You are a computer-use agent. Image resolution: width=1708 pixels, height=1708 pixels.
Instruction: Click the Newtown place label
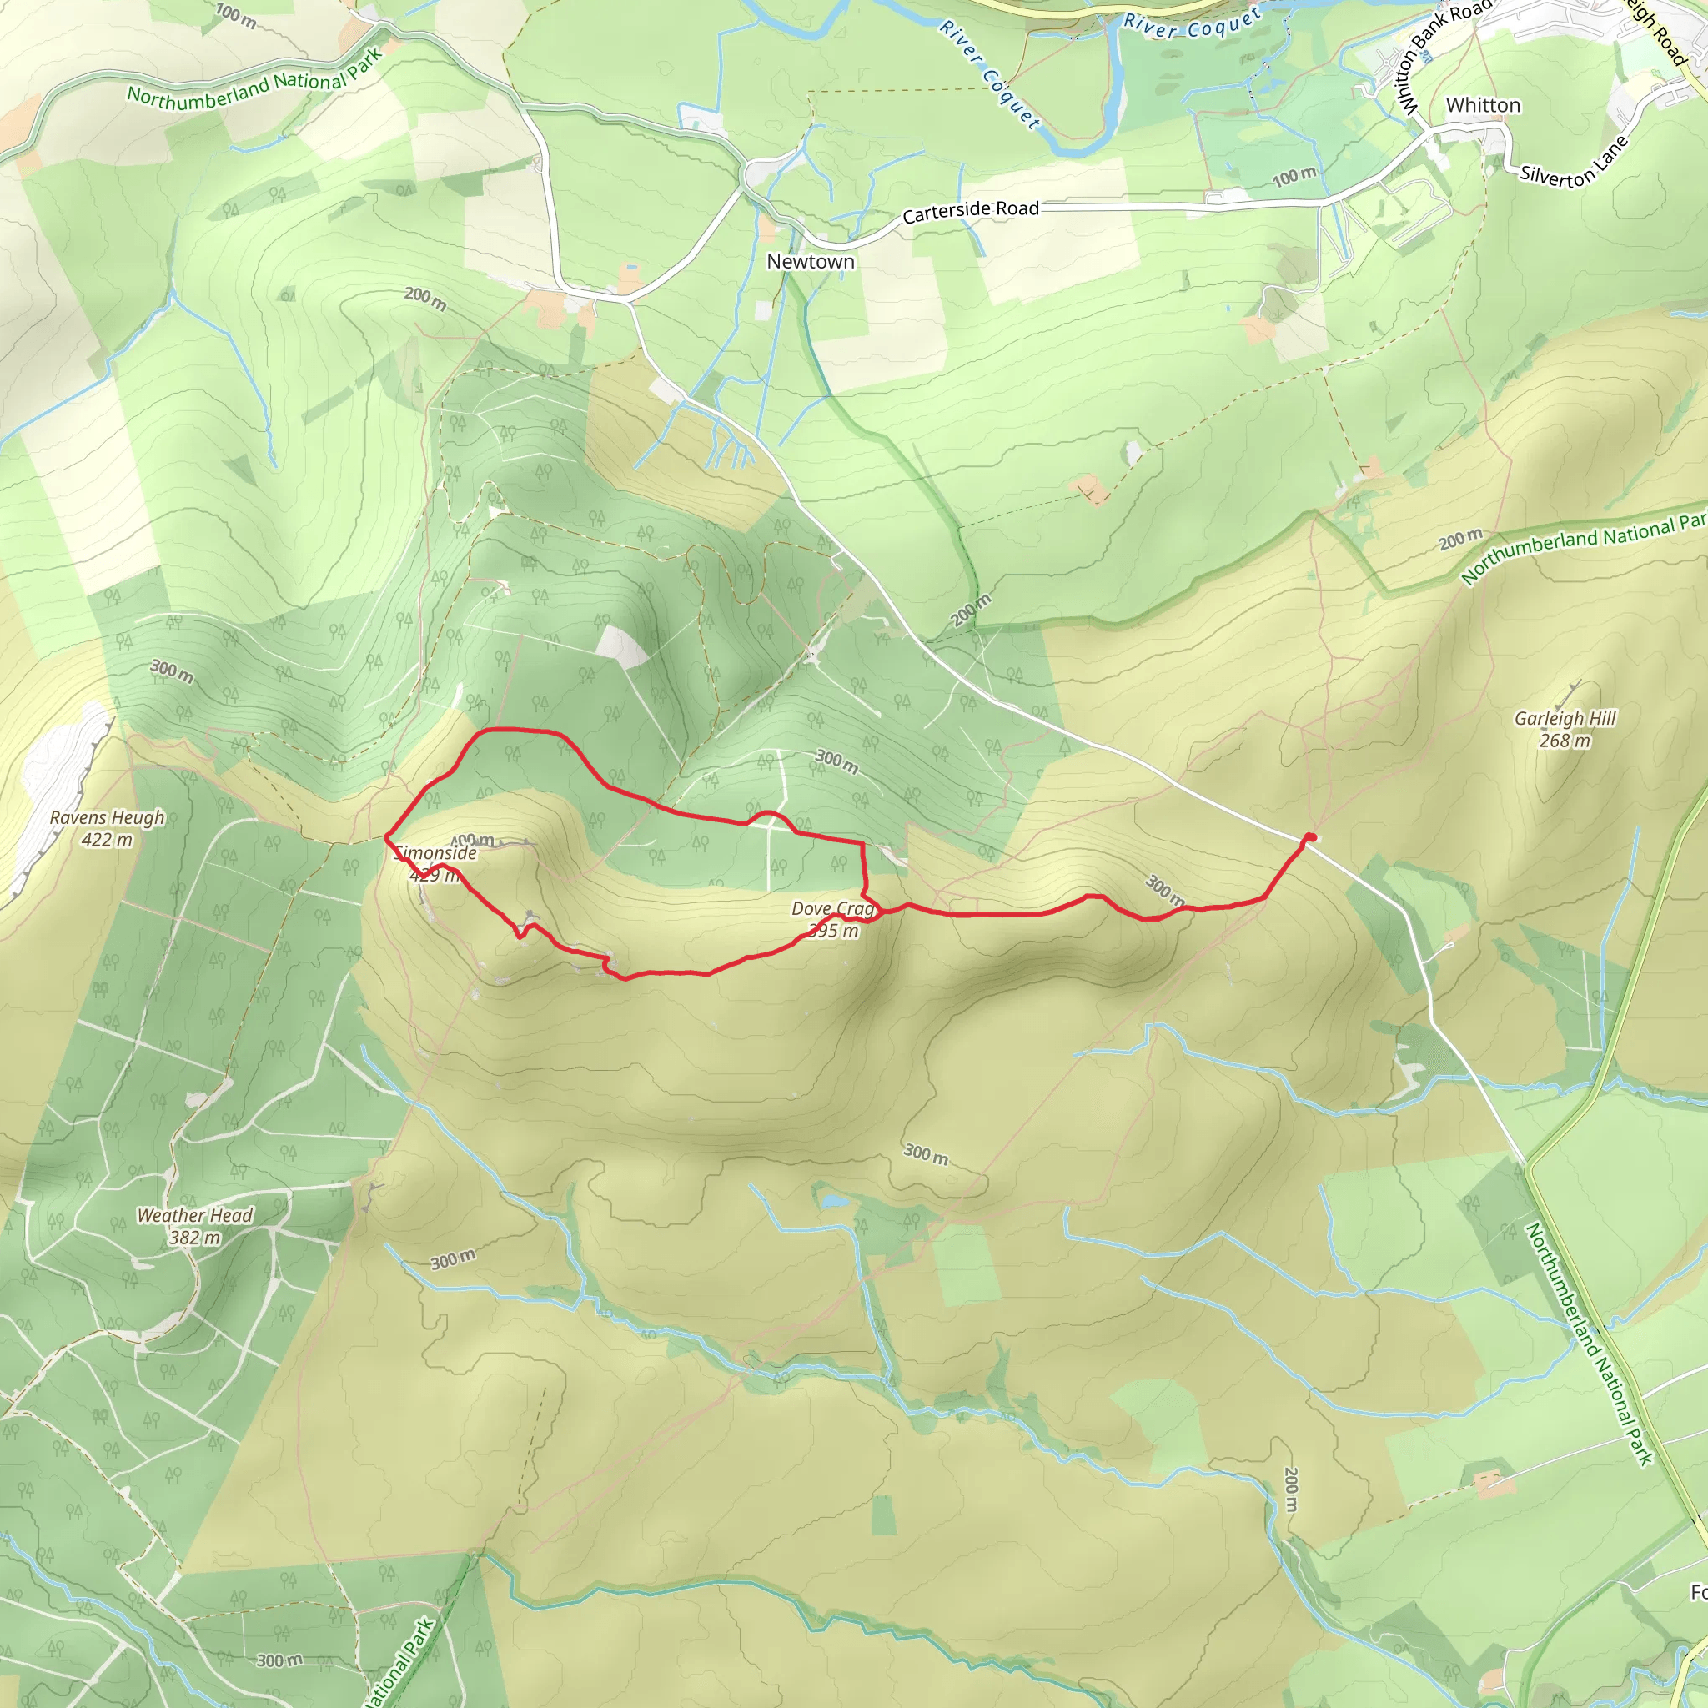click(x=810, y=262)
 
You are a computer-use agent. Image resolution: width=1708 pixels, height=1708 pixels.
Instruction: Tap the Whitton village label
click(x=1483, y=105)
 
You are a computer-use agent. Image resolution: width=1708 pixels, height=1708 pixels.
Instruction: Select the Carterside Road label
click(x=970, y=211)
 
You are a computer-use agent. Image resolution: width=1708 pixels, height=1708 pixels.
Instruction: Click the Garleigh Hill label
click(x=1564, y=719)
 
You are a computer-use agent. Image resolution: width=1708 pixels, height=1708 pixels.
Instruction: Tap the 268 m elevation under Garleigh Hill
click(x=1564, y=741)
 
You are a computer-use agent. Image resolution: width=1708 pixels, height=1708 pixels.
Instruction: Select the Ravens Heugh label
click(x=107, y=818)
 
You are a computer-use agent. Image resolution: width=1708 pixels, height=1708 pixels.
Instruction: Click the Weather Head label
click(x=194, y=1216)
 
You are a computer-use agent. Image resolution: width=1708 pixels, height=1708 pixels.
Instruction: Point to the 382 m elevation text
click(x=194, y=1238)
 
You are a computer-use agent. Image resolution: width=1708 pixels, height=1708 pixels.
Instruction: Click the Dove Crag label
click(x=831, y=909)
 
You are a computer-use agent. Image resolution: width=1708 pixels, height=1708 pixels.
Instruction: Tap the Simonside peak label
click(x=436, y=853)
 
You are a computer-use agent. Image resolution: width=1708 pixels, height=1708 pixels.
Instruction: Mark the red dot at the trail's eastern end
click(x=1310, y=837)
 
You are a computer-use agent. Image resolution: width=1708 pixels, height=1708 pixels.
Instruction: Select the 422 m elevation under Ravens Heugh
click(x=107, y=840)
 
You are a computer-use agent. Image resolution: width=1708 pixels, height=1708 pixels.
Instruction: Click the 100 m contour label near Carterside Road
click(x=1294, y=177)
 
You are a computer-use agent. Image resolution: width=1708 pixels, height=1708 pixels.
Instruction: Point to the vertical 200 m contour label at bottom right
click(x=1290, y=1489)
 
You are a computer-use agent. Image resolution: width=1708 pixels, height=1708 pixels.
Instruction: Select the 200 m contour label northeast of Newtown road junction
click(x=971, y=610)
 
